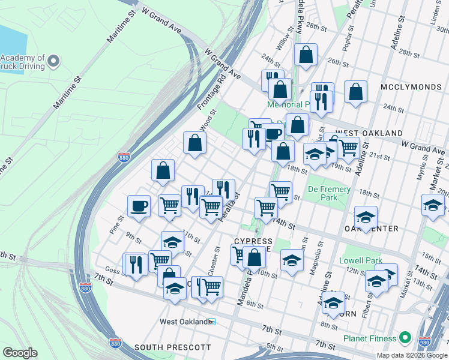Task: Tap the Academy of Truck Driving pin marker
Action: point(54,61)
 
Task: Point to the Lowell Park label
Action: point(361,260)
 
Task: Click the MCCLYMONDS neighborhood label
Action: point(411,87)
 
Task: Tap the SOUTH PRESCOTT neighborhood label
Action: point(173,347)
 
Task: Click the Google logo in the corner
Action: point(20,353)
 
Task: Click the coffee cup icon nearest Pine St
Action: point(139,206)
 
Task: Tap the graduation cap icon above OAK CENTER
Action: point(366,216)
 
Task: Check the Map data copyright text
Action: point(411,355)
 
